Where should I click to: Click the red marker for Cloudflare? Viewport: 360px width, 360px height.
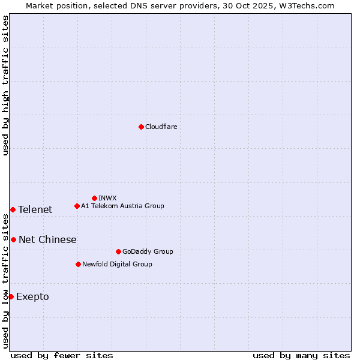[141, 127]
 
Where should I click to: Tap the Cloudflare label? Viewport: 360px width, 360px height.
[161, 127]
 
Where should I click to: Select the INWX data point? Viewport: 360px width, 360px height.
[94, 198]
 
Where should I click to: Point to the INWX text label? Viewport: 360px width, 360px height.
[107, 198]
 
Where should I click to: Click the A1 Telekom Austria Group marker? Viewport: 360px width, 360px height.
[77, 206]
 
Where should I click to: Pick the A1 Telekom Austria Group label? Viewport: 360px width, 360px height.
[122, 206]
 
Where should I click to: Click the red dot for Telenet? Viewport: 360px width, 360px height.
[13, 209]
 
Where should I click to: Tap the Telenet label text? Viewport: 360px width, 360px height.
[35, 209]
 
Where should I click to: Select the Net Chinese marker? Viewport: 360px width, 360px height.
[13, 239]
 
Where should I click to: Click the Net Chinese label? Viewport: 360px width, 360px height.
[47, 239]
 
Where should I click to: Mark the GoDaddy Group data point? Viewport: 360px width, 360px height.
[118, 251]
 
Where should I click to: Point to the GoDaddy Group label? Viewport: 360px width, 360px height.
[148, 251]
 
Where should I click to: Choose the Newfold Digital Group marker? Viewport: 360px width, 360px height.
[78, 264]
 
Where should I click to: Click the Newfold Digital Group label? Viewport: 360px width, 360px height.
[117, 264]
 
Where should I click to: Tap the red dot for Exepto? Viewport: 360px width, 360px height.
[11, 296]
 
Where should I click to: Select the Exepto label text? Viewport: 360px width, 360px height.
[32, 296]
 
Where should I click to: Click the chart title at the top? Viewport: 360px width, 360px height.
[180, 5]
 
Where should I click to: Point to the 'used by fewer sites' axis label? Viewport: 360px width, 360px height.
[62, 355]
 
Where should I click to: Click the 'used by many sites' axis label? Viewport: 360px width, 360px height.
[301, 355]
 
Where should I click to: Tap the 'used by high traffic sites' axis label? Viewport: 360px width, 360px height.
[5, 85]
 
